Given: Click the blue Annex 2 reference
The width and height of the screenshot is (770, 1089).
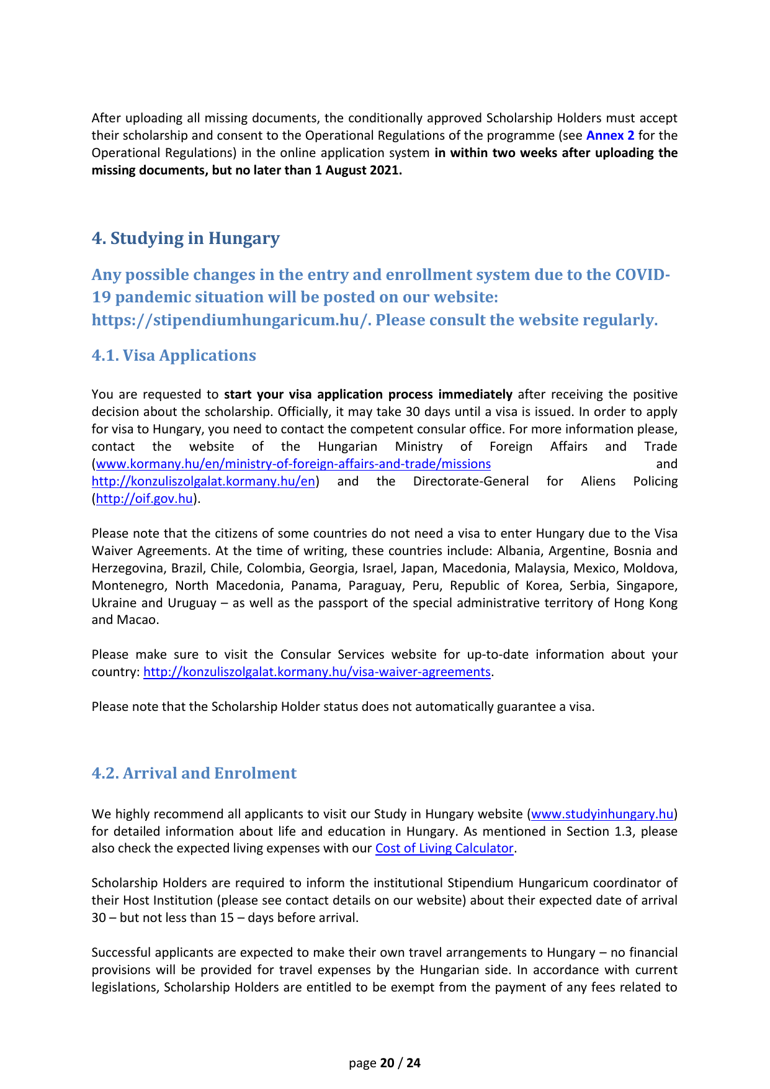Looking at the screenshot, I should click(610, 135).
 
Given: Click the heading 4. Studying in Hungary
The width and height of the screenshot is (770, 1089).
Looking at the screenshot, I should click(186, 238).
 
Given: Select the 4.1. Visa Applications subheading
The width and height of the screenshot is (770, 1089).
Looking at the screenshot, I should click(174, 355).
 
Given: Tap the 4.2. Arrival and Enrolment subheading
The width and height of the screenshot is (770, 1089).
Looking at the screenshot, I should click(194, 773).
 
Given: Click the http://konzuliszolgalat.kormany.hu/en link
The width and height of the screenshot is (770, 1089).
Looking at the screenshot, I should click(204, 481).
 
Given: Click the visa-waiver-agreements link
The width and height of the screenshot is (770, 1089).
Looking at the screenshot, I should click(317, 672).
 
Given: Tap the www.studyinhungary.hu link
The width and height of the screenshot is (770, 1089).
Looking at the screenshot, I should click(602, 814).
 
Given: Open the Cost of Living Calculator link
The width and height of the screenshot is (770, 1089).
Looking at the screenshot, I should click(444, 848).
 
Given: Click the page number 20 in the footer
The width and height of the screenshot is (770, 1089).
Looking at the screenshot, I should click(387, 1063).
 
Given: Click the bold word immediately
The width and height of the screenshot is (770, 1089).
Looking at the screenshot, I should click(475, 394).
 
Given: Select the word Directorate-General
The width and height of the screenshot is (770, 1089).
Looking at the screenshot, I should click(471, 481).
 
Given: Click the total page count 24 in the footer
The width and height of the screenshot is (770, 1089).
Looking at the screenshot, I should click(413, 1063).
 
